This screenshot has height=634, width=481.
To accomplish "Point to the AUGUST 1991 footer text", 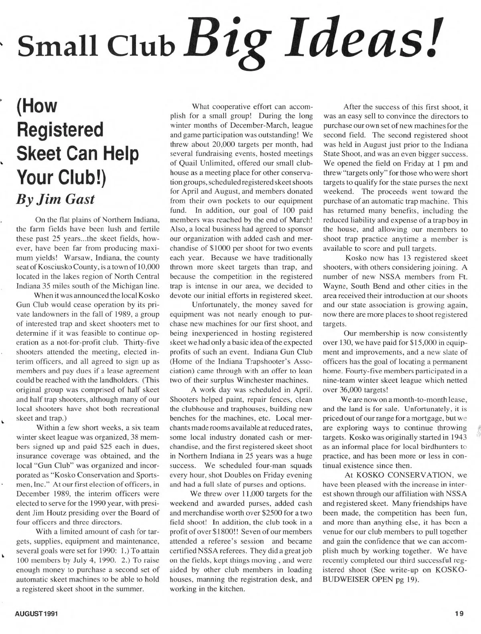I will click(38, 613).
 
